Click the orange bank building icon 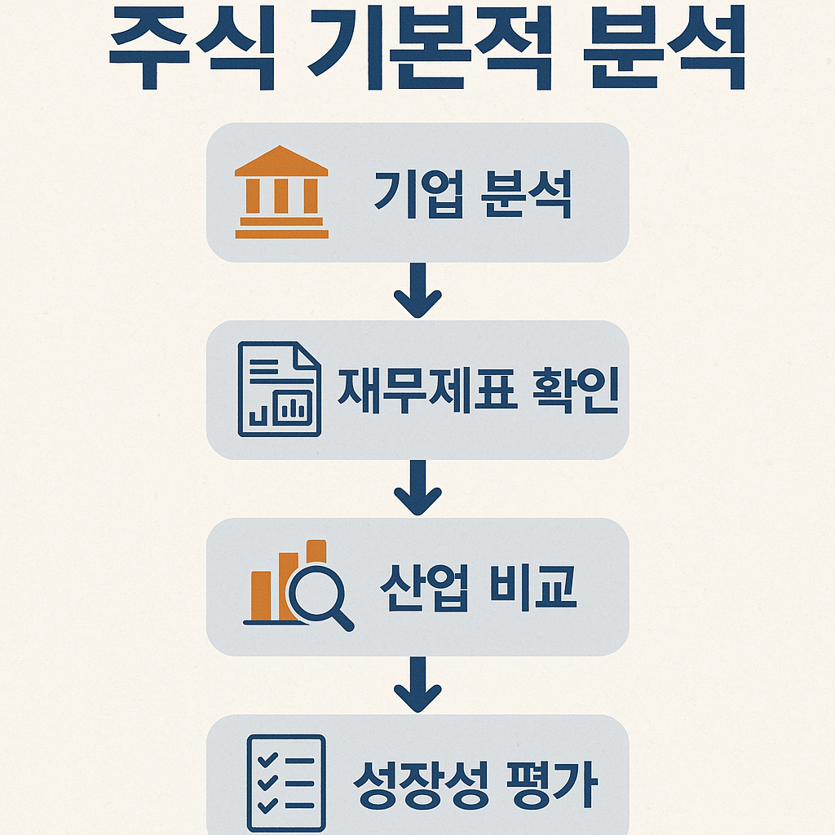(x=281, y=192)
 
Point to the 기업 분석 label (x=472, y=194)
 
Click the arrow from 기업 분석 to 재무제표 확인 (x=417, y=291)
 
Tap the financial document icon (x=279, y=388)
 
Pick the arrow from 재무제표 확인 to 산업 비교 (x=417, y=488)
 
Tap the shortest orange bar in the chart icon (x=260, y=595)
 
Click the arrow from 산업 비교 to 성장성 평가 (x=417, y=685)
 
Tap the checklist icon (x=285, y=784)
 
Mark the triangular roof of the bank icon (x=281, y=161)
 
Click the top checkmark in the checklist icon (x=266, y=761)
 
